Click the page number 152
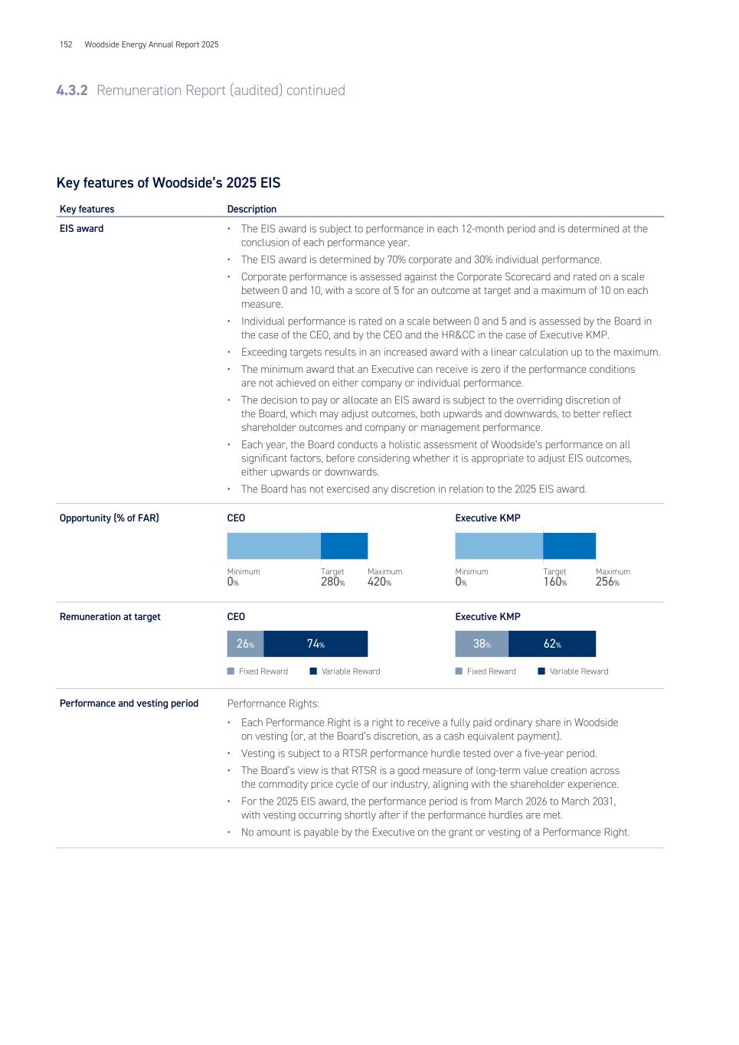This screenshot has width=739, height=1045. click(x=66, y=44)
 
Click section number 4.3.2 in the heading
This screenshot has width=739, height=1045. click(x=72, y=90)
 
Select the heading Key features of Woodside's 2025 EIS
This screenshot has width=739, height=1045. click(x=168, y=183)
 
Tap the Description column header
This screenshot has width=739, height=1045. click(x=251, y=209)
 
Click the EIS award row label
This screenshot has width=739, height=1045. click(x=81, y=229)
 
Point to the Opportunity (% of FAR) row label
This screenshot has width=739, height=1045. click(x=109, y=518)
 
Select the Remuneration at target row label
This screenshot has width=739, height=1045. click(x=110, y=617)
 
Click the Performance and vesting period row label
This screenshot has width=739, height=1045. click(x=129, y=704)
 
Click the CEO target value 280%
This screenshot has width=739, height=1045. click(x=332, y=582)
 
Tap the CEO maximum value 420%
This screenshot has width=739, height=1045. click(x=379, y=582)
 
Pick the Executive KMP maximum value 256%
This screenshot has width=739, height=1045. click(x=607, y=582)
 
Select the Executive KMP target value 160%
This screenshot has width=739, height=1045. click(x=554, y=582)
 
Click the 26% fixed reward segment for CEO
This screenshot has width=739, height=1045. click(x=245, y=644)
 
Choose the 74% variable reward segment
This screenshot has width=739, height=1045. click(x=316, y=644)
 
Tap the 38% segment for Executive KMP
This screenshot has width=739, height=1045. click(x=482, y=644)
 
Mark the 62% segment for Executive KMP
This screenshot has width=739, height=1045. click(x=552, y=644)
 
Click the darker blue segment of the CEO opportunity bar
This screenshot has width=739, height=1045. click(x=344, y=546)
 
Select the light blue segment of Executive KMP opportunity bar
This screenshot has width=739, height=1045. click(x=499, y=546)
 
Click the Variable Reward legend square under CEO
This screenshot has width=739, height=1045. click(x=313, y=671)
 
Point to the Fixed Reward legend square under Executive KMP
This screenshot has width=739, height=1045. click(x=459, y=671)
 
